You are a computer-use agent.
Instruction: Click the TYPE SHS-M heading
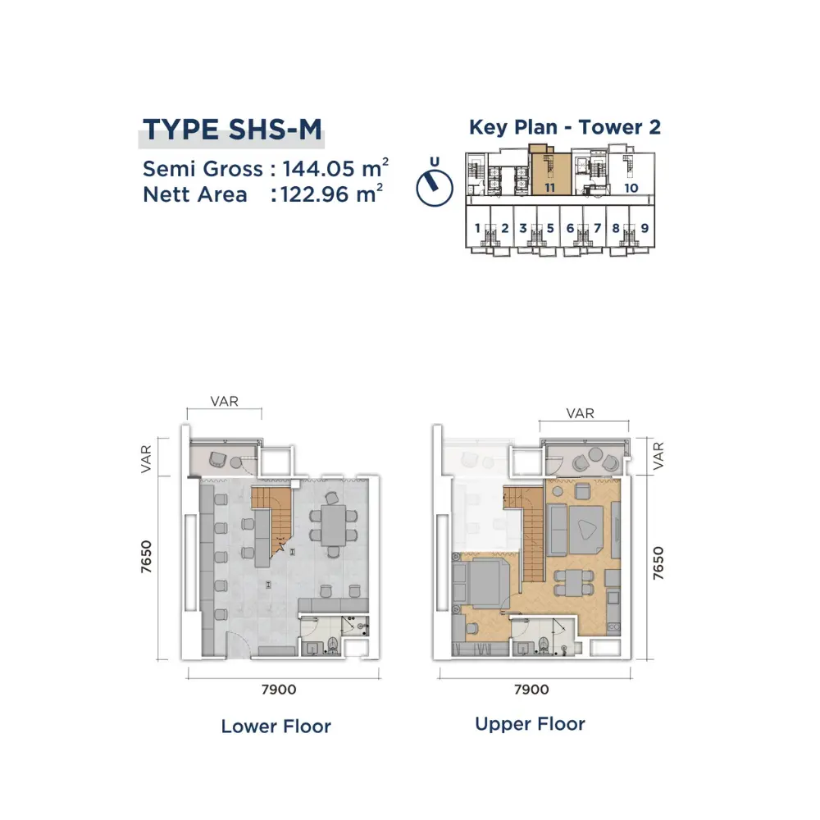point(232,130)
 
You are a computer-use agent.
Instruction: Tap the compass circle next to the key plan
point(435,189)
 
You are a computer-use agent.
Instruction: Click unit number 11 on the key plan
point(549,188)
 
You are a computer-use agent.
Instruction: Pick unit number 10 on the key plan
point(631,188)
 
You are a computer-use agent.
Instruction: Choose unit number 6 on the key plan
point(571,228)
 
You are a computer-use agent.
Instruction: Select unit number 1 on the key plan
point(477,228)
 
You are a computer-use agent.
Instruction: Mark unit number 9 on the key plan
point(645,228)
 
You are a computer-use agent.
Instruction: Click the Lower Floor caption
point(276,726)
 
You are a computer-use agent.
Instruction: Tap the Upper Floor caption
point(530,724)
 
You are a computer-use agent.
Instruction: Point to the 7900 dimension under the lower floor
point(279,690)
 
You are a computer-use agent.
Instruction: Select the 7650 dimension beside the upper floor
point(658,563)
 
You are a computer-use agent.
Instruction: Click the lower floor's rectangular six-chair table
point(334,525)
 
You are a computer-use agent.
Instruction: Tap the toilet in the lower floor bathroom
point(333,645)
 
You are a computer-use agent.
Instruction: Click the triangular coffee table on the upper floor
point(585,530)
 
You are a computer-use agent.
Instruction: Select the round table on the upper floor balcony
point(595,453)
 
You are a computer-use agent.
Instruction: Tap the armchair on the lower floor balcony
point(217,460)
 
